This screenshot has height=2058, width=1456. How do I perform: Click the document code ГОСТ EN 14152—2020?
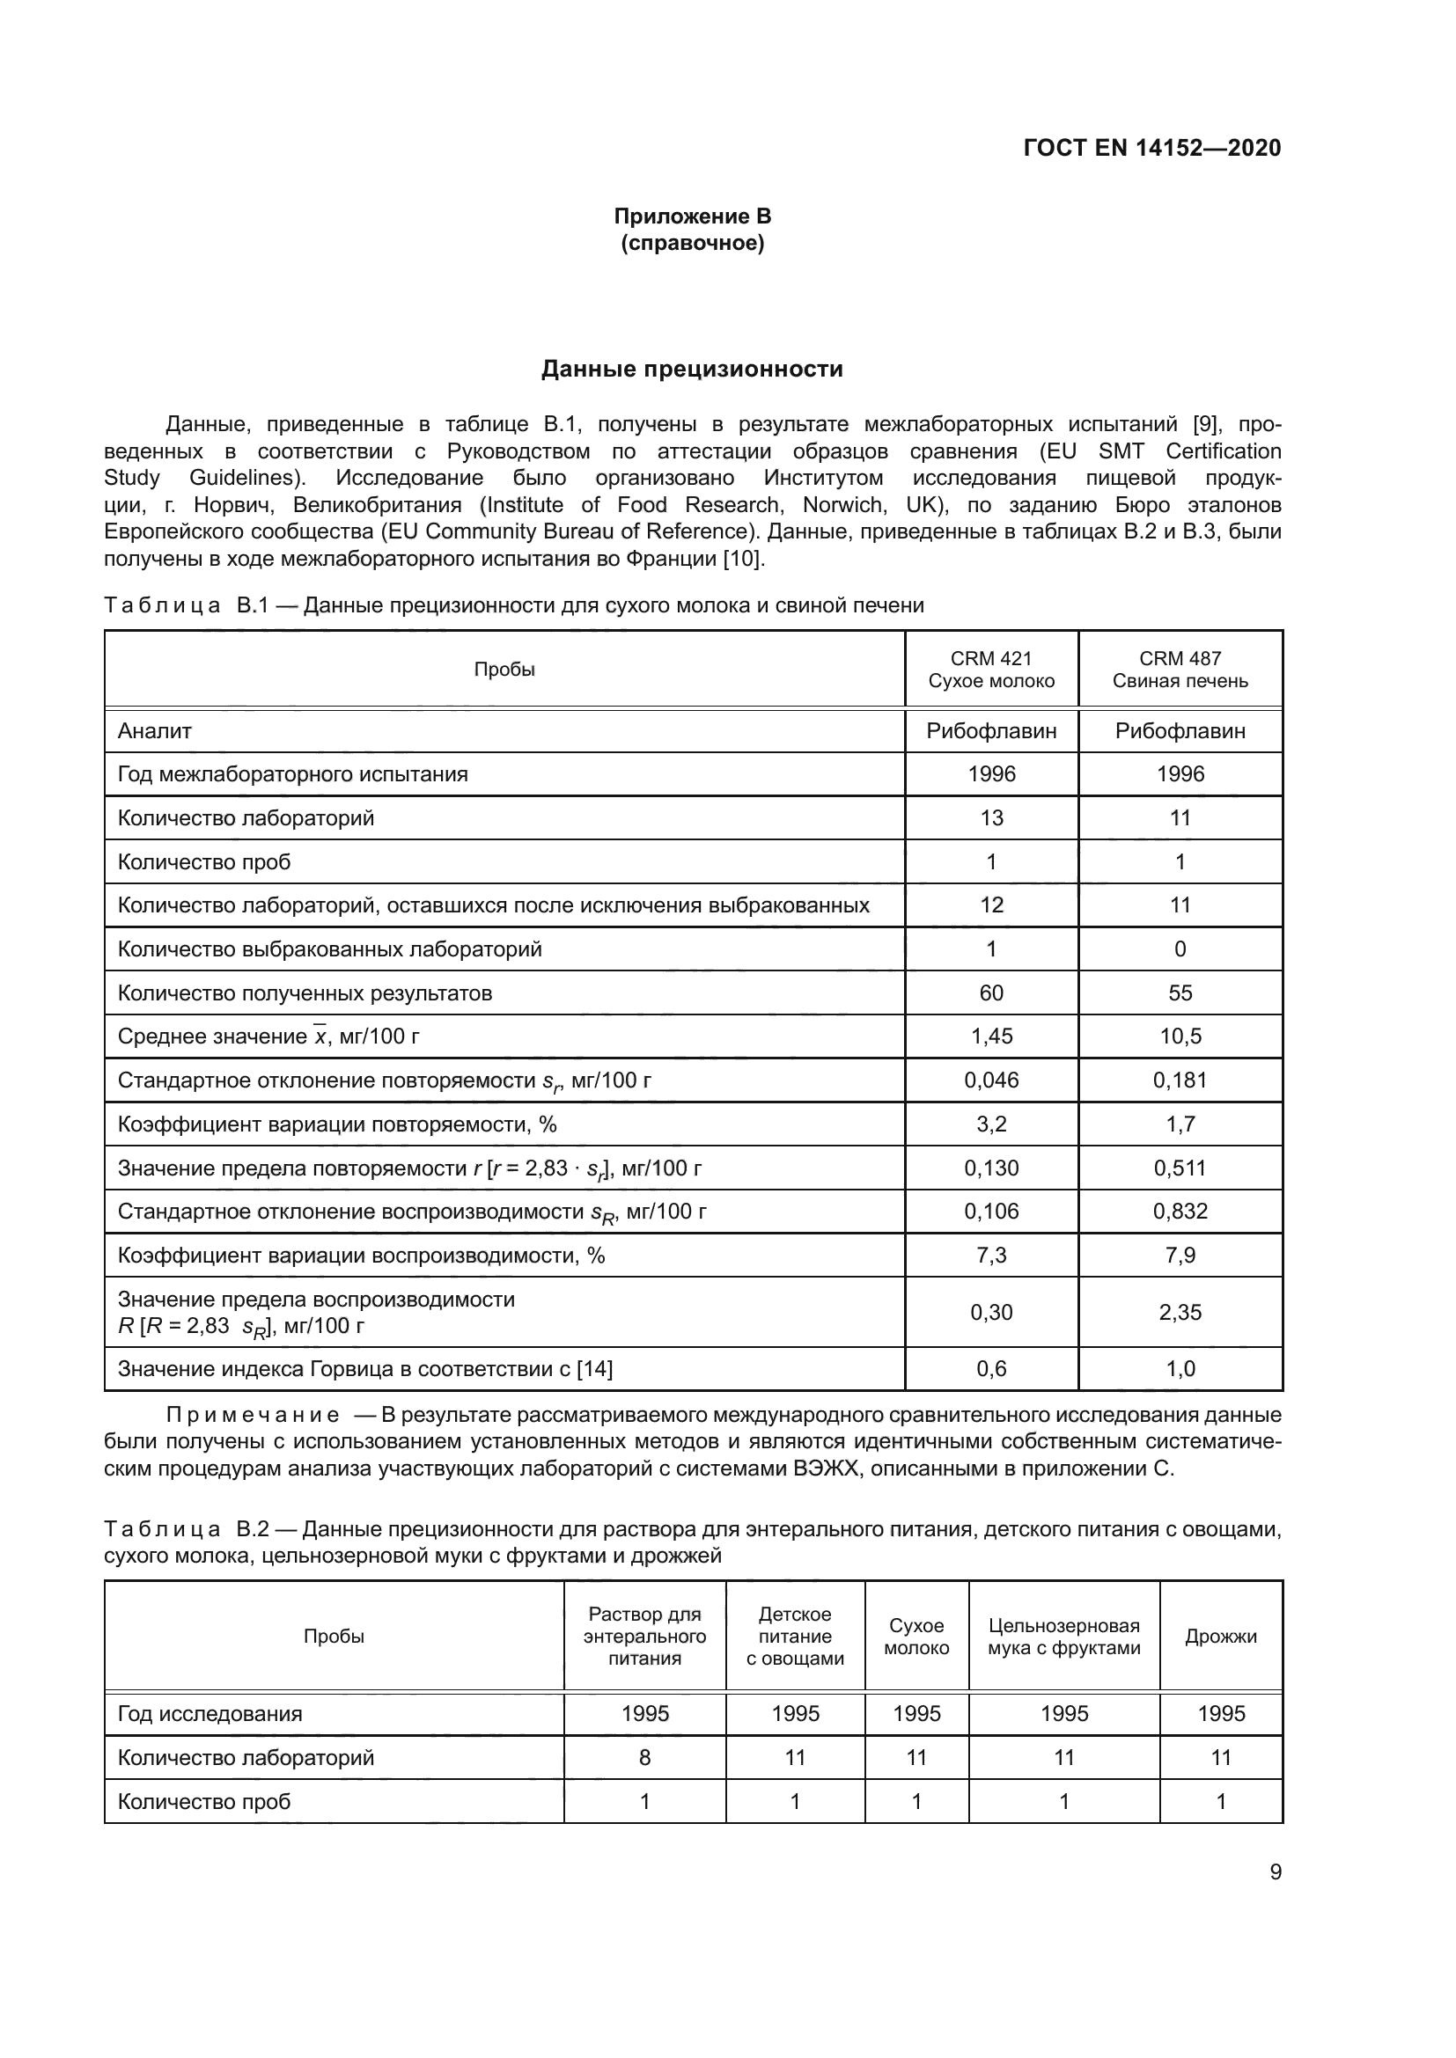pos(1151,148)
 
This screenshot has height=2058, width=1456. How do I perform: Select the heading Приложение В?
pos(692,216)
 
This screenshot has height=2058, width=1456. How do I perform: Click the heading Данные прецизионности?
pos(692,370)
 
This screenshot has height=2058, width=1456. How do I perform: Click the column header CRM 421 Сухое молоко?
pos(990,670)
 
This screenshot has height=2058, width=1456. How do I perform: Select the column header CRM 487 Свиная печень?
pos(1179,670)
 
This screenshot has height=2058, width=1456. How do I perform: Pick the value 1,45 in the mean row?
pos(990,1036)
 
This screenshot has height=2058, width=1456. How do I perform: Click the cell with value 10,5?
pos(1179,1036)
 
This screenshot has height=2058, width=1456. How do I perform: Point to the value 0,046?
pos(990,1080)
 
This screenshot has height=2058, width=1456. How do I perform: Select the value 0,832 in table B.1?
pos(1179,1212)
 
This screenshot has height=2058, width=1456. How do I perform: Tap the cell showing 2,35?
pos(1179,1312)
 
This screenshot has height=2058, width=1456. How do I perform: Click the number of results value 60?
pos(990,993)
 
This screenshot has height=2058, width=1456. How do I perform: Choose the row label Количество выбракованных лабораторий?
pos(330,949)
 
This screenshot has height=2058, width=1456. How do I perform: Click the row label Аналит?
pos(155,731)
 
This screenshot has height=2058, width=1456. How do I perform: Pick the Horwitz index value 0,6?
pos(990,1369)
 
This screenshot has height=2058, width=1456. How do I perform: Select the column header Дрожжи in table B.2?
pos(1220,1637)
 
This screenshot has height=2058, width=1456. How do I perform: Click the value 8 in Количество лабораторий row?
pos(643,1758)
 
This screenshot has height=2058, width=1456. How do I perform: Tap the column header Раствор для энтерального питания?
pos(643,1637)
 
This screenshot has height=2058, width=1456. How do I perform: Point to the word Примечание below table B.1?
pos(253,1416)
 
